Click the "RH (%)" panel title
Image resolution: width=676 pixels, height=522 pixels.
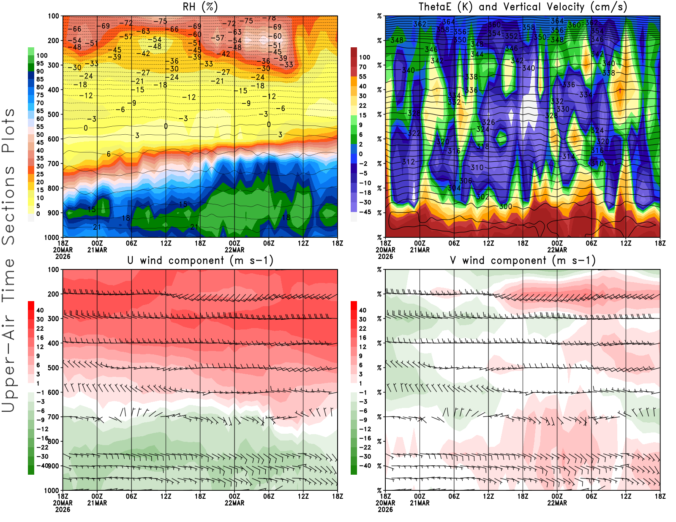[200, 7]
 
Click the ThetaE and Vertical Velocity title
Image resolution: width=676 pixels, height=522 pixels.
[523, 7]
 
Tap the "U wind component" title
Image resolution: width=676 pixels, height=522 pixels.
[200, 261]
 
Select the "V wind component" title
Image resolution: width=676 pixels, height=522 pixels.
[523, 261]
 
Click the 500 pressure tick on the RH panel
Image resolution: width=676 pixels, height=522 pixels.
[53, 114]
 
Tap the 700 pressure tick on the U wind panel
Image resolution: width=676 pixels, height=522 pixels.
[53, 417]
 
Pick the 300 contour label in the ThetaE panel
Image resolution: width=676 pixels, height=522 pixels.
[505, 207]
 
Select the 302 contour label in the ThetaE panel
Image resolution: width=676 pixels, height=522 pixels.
[482, 197]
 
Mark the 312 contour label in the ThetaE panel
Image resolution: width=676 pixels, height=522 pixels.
[408, 162]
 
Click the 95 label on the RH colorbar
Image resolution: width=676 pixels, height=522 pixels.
[40, 63]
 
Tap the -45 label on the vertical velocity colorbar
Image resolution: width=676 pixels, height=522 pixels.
[365, 212]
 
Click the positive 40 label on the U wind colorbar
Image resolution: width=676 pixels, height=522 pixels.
[40, 310]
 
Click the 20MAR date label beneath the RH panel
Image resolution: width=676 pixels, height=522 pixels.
[63, 250]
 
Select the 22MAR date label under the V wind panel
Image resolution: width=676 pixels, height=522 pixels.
[557, 503]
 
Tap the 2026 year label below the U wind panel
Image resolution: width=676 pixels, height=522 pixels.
[63, 509]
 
